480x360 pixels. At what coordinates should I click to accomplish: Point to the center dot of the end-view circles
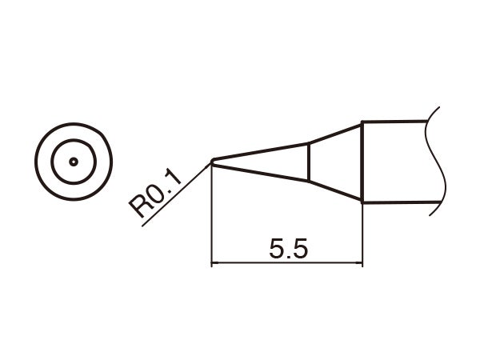click(73, 161)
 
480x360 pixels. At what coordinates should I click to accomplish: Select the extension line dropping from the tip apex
click(210, 216)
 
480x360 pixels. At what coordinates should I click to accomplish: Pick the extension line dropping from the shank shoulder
click(362, 232)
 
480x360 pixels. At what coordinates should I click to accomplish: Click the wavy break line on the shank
click(438, 160)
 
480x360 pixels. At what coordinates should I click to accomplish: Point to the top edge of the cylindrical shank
click(396, 122)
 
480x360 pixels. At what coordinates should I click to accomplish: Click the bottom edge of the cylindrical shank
click(396, 202)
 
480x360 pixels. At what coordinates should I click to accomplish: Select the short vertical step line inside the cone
click(308, 162)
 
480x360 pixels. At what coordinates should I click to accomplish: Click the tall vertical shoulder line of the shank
click(362, 162)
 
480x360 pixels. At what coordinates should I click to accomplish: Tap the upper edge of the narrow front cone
click(260, 152)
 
